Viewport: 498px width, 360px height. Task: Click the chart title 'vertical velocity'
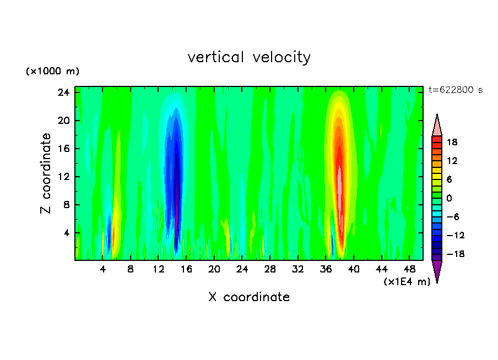(249, 57)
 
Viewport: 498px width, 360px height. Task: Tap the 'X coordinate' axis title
(249, 297)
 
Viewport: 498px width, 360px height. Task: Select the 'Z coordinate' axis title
(46, 173)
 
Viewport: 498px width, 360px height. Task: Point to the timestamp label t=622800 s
(455, 90)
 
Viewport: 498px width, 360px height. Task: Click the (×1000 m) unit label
(52, 72)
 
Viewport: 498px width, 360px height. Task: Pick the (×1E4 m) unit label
(407, 282)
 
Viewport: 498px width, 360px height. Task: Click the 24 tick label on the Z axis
(63, 92)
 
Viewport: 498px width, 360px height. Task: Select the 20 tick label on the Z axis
(63, 121)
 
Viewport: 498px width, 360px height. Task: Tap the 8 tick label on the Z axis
(66, 205)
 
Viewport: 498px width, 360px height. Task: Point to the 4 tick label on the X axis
(103, 269)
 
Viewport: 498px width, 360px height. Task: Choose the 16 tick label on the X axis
(186, 269)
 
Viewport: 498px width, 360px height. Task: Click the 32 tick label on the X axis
(298, 269)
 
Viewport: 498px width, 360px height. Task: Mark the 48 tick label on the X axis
(409, 269)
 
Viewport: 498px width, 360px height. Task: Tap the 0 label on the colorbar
(449, 198)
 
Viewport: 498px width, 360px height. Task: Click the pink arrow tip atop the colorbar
(437, 125)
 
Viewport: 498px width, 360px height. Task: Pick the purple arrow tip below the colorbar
(437, 270)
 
